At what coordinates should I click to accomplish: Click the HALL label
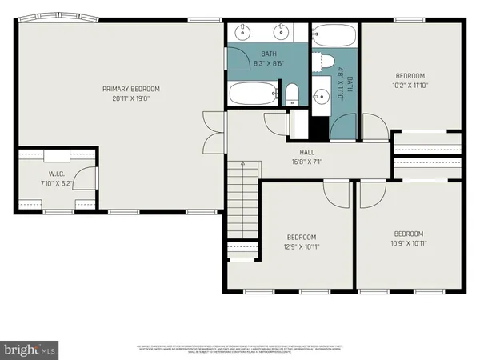pos(307,152)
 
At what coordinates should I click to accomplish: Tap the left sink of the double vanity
pos(242,34)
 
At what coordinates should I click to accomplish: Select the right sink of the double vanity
pos(282,34)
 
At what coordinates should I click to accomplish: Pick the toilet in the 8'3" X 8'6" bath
pos(292,94)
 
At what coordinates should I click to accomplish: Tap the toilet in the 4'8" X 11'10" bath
pos(326,61)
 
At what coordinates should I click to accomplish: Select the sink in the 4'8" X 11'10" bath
pos(319,96)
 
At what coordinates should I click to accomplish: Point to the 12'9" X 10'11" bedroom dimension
pos(302,247)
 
